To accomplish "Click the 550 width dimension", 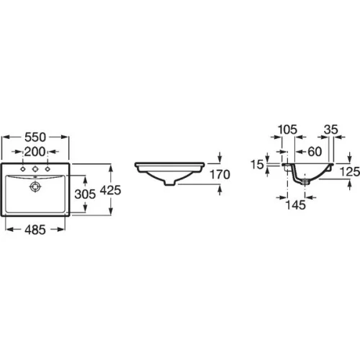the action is [35, 137].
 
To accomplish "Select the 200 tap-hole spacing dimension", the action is [35, 152].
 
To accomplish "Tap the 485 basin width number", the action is [35, 230].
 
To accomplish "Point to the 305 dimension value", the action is [85, 194].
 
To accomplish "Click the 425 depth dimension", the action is [110, 190].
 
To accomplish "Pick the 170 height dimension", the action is [220, 174].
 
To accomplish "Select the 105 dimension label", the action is [287, 130].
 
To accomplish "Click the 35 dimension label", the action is [331, 130].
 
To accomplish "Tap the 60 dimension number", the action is [315, 152].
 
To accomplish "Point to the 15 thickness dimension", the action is [257, 165].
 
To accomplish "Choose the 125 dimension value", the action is [350, 172].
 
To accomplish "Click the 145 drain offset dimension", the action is [296, 205].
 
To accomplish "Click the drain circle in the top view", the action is [35, 186].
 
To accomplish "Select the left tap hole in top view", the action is [23, 169].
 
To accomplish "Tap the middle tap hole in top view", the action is [35, 169].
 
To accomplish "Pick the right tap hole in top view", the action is [48, 169].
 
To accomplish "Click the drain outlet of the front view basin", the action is [170, 183].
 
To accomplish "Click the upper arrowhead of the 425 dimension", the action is [110, 167].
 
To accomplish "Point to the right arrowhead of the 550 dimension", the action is [65, 137].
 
